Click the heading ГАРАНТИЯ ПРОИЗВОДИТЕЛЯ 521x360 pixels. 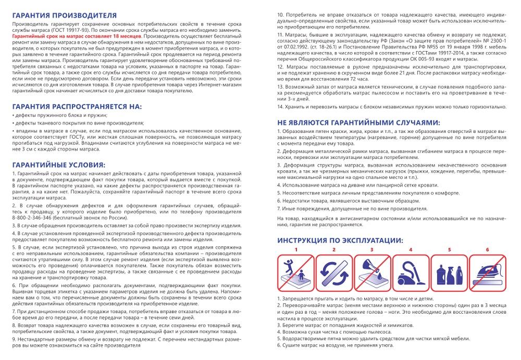pyautogui.click(x=64, y=16)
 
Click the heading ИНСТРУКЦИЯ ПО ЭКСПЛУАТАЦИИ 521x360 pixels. pyautogui.click(x=340, y=240)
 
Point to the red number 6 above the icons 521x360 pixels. pyautogui.click(x=487, y=250)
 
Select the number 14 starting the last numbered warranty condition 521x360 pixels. pyautogui.click(x=280, y=106)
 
